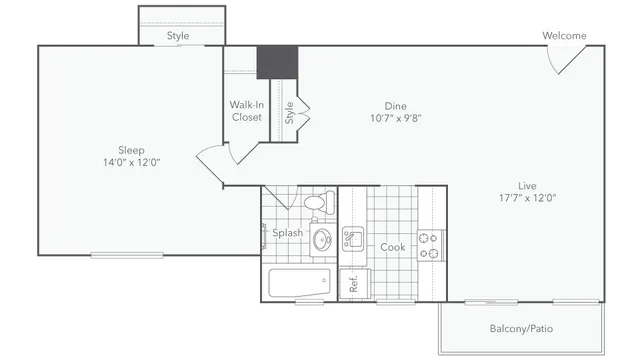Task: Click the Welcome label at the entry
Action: [564, 36]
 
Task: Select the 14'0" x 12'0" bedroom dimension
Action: [131, 162]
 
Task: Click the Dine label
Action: [397, 105]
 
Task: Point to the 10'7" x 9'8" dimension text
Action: [397, 118]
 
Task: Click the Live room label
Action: [527, 184]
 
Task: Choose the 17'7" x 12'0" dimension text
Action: [528, 197]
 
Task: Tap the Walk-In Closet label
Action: [246, 110]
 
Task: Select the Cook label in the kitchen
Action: [392, 247]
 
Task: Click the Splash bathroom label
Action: [288, 233]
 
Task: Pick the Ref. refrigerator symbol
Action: [353, 283]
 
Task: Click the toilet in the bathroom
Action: [316, 204]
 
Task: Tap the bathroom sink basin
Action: [322, 240]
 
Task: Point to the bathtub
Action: [299, 282]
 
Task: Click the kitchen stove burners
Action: [430, 246]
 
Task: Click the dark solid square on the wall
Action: [277, 62]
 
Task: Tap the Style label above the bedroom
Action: [178, 36]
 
